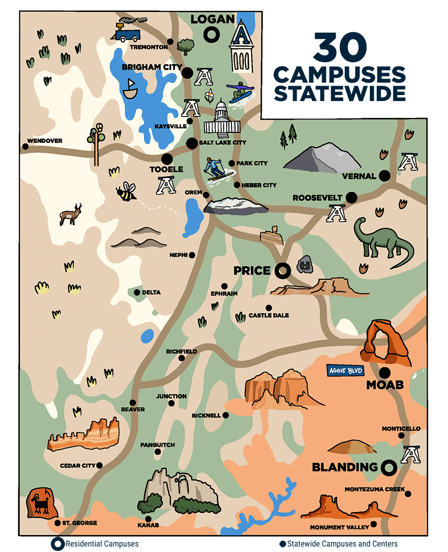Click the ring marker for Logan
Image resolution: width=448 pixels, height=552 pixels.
pos(212,34)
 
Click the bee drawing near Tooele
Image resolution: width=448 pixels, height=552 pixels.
pos(127,192)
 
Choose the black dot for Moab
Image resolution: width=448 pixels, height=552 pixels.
pos(385,372)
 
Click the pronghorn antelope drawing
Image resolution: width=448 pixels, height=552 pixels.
pos(70,214)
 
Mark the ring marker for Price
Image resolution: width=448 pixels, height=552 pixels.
pos(283,271)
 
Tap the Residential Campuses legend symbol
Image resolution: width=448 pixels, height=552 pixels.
pos(58,544)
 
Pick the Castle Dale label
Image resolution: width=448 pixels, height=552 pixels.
pos(269,315)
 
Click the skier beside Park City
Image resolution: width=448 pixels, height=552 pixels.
pos(217,169)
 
